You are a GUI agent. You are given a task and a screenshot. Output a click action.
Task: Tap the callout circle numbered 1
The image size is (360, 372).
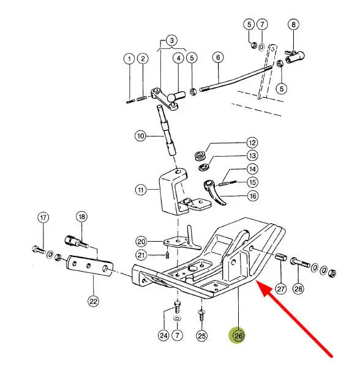pos(129,59)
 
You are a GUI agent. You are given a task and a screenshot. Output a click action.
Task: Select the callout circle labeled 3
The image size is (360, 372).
pos(172,40)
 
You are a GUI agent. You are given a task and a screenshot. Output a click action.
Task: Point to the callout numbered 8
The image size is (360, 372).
pos(293,24)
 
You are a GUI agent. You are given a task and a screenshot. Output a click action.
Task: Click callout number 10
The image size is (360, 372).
pos(141,136)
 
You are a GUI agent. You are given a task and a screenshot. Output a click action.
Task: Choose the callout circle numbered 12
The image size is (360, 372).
pos(252,143)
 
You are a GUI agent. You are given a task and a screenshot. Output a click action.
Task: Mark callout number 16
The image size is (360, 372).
pos(253,196)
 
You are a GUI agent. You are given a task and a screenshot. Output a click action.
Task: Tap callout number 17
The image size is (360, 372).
pos(43,218)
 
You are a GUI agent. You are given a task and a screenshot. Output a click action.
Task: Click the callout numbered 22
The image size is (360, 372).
pos(93,301)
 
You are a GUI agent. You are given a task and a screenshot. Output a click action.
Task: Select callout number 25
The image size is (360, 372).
pos(202,336)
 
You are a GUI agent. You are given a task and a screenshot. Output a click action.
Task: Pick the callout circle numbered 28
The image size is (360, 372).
pos(298,289)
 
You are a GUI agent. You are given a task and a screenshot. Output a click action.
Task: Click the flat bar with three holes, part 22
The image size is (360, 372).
pos(89,266)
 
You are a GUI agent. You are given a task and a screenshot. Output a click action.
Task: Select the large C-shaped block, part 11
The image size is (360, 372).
pos(173,192)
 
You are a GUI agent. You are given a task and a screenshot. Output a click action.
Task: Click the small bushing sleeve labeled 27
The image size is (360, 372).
pos(281,257)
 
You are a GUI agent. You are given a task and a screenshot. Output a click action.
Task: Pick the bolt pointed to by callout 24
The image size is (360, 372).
pos(177,307)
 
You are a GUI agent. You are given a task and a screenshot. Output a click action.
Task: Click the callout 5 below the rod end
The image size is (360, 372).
pos(282,89)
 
